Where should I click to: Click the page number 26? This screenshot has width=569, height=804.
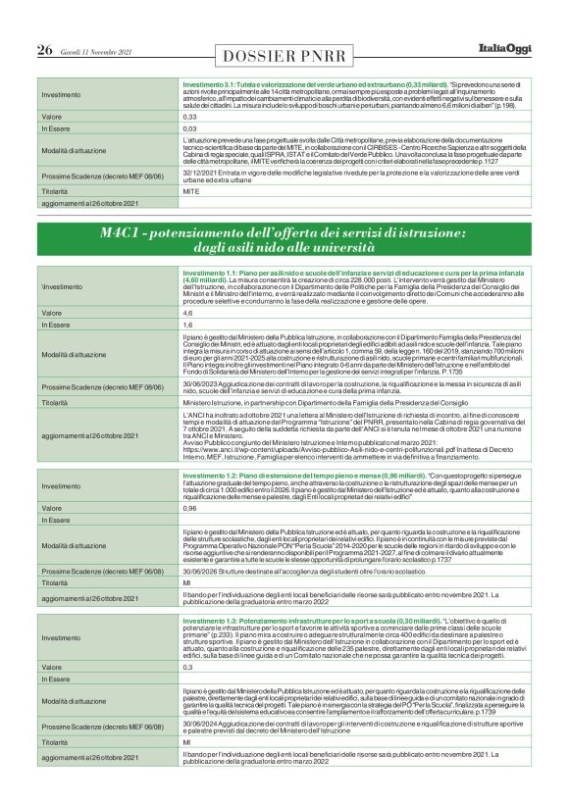(44, 49)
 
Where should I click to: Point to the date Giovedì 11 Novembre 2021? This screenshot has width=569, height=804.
(95, 50)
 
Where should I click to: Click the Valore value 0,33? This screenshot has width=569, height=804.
(190, 116)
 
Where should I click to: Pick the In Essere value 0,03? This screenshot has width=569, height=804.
(190, 128)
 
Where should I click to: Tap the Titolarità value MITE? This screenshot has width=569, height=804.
(192, 192)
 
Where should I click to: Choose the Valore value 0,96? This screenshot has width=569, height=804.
(191, 508)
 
